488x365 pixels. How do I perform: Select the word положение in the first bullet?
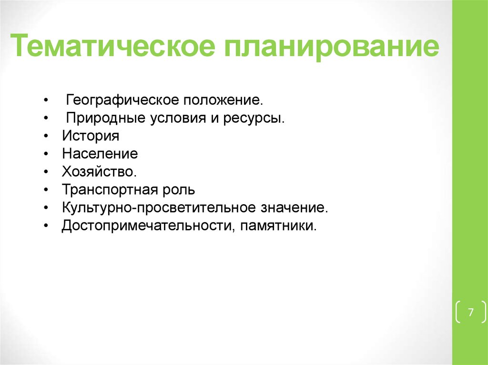click(x=223, y=101)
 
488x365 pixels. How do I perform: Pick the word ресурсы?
click(x=253, y=118)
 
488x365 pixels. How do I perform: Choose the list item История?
click(x=90, y=136)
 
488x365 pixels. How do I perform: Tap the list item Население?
click(x=100, y=154)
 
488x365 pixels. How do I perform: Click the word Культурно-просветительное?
click(x=159, y=207)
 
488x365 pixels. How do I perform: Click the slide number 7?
click(x=471, y=313)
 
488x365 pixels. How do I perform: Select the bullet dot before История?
click(x=45, y=137)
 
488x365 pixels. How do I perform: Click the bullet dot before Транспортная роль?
click(x=45, y=190)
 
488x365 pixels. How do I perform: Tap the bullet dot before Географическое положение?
click(x=45, y=101)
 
